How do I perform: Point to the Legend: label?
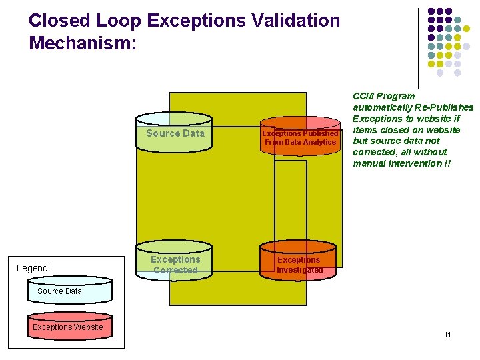tap(33, 268)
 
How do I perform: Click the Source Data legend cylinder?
tap(60, 291)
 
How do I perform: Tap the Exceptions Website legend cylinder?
tap(68, 327)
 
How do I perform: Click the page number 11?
tap(447, 334)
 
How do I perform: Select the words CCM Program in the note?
tap(383, 96)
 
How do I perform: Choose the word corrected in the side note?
tap(374, 152)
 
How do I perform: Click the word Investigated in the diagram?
tap(299, 270)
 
